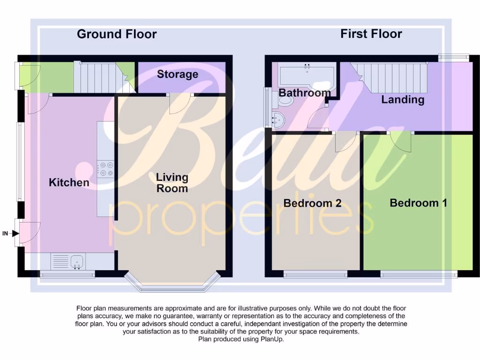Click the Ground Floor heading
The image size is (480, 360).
(x=117, y=34)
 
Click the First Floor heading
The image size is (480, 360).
(x=371, y=34)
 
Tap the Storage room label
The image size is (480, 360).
(x=177, y=75)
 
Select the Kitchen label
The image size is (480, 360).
(x=69, y=183)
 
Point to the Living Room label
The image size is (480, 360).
(x=172, y=183)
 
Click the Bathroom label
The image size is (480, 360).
(x=304, y=93)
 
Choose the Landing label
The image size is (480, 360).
(x=402, y=99)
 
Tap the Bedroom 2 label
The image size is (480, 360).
(x=312, y=203)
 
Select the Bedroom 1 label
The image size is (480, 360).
(x=418, y=203)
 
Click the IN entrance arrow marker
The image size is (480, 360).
(x=13, y=233)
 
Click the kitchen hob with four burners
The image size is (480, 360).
(x=105, y=169)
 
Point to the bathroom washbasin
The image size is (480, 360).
(x=278, y=120)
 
